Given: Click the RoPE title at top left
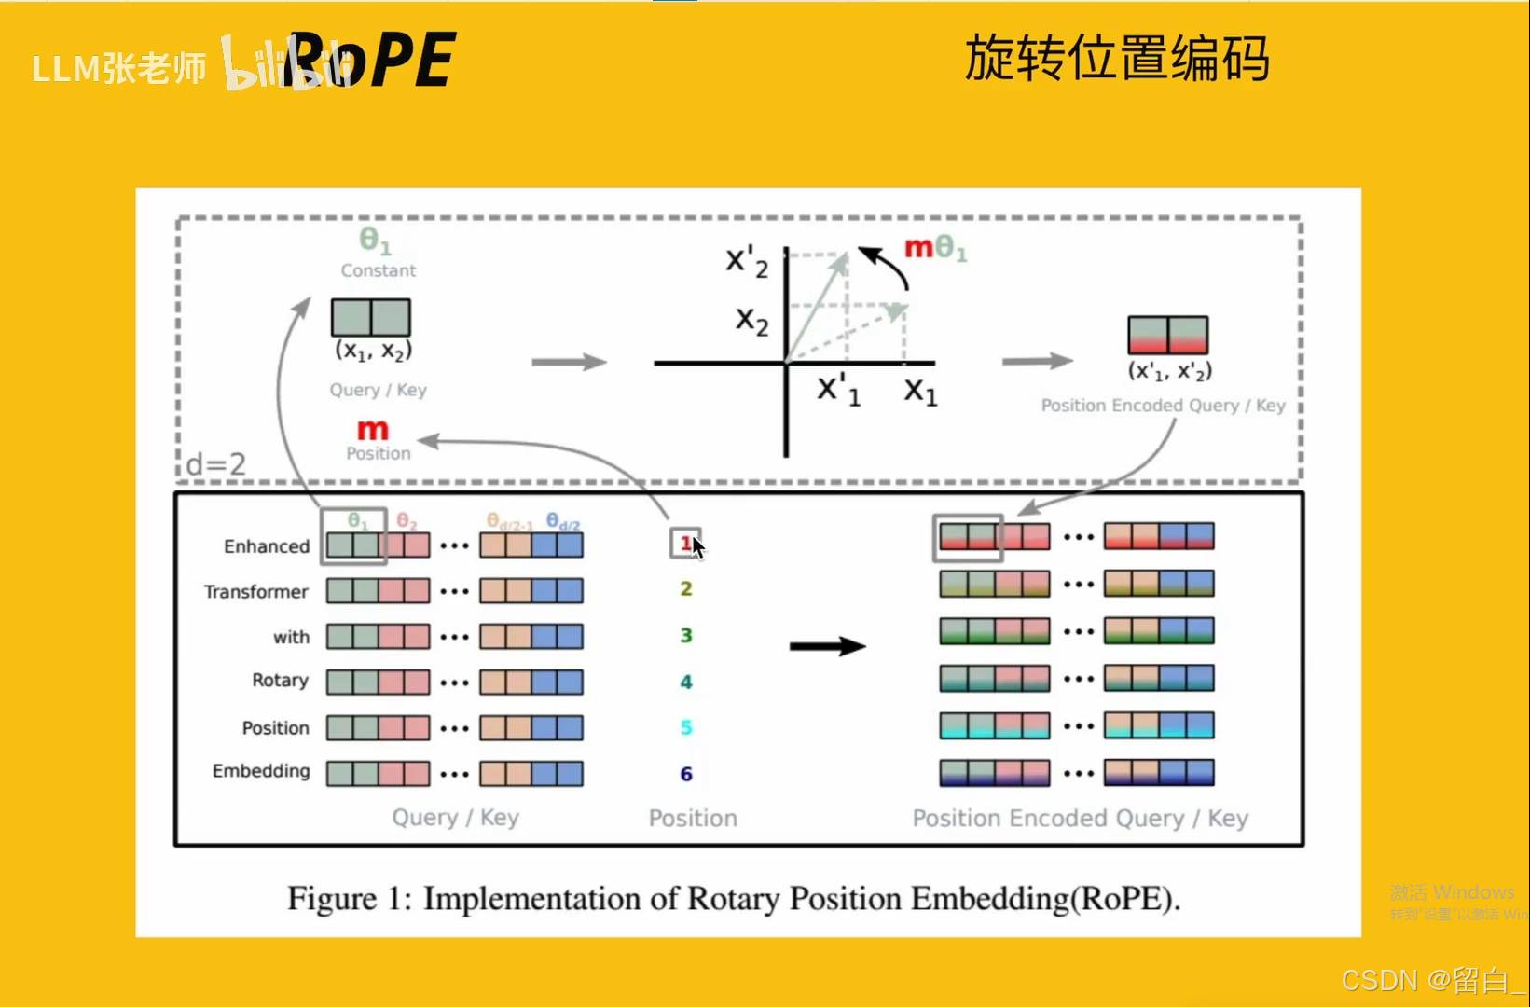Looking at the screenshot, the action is [x=373, y=60].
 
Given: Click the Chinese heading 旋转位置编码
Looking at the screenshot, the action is [x=1116, y=58].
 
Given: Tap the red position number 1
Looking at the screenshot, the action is [x=685, y=543].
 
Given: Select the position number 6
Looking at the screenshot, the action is [x=686, y=774].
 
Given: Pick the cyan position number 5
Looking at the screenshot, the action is [x=686, y=727].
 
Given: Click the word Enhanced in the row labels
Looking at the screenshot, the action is [x=266, y=546].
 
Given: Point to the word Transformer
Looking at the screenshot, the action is [x=255, y=592].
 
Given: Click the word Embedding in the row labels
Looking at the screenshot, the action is [x=261, y=771].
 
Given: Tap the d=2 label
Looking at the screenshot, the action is [x=216, y=463].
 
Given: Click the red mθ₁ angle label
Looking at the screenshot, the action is [x=935, y=248].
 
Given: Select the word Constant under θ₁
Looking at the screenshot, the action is [x=378, y=270].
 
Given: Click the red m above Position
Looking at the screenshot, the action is [x=372, y=430].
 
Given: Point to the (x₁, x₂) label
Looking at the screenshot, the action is [x=373, y=351].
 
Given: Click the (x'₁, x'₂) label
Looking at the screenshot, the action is [x=1169, y=370].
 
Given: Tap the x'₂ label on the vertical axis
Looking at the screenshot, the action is [x=747, y=262].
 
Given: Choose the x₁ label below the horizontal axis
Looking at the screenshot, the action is [x=920, y=391].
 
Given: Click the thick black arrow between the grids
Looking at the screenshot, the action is [x=827, y=646].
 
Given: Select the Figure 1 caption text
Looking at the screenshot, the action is [x=734, y=899].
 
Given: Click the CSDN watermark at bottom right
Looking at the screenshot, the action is [x=1432, y=980].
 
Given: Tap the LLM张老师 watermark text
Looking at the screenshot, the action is [x=119, y=68].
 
